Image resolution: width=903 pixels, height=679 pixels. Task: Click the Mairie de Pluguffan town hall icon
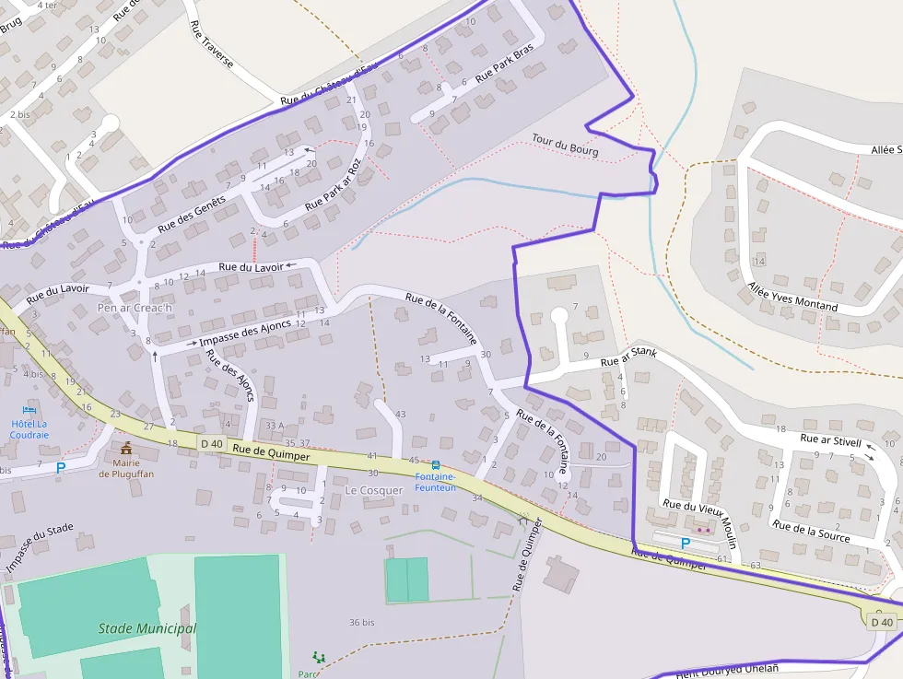125,448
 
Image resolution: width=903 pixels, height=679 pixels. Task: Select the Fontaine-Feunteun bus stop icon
435,465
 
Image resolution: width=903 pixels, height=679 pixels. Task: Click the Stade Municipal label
147,628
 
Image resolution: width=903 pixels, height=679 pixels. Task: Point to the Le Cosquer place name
374,490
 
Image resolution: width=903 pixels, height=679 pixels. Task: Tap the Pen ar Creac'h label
135,307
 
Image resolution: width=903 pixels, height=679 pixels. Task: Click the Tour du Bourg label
565,145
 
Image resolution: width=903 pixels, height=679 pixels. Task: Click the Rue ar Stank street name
628,357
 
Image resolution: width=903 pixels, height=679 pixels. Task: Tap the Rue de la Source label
811,531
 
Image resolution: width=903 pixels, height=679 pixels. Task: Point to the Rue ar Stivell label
830,439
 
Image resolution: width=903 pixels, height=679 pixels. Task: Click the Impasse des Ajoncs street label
245,333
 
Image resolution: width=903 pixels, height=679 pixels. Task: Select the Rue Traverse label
211,45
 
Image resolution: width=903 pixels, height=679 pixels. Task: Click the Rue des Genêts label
192,214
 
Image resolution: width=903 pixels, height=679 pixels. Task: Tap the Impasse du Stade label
40,548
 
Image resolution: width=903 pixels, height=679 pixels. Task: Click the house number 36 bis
361,623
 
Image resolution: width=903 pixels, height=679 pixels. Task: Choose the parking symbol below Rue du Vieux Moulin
685,544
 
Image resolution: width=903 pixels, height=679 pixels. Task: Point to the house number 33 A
274,425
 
